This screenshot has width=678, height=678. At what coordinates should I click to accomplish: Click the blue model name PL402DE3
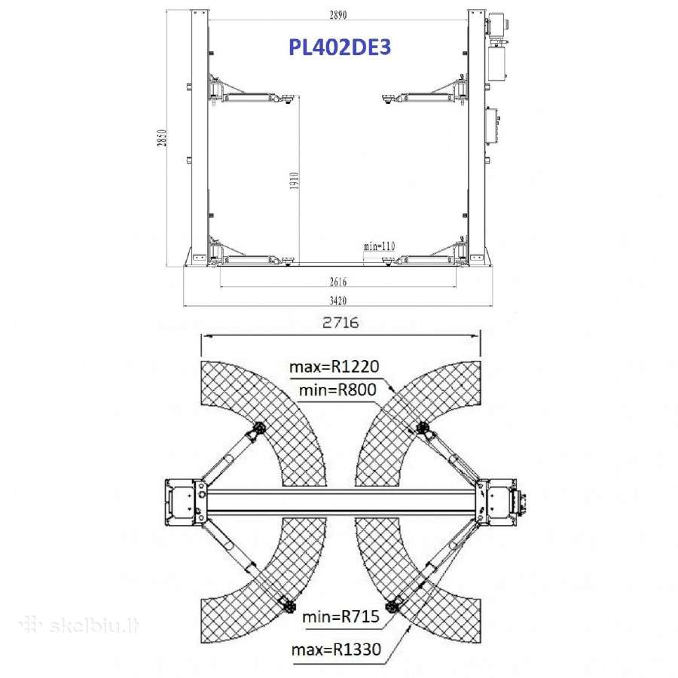coord(340,47)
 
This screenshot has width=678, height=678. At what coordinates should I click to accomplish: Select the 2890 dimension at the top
coord(338,15)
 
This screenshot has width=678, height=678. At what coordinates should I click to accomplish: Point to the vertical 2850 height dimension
coord(161,138)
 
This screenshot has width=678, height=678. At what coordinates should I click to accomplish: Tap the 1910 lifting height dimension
coord(294,181)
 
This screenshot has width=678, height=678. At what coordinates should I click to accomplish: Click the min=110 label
coord(379,246)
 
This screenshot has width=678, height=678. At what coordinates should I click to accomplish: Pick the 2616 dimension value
coord(338,282)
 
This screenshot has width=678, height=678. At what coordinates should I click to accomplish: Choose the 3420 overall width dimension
coord(338,300)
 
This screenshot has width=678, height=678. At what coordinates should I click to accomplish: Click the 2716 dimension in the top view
coord(341,322)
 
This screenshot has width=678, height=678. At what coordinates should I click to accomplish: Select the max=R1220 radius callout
coord(334,367)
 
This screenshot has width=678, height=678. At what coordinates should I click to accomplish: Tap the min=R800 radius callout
coord(337,390)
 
